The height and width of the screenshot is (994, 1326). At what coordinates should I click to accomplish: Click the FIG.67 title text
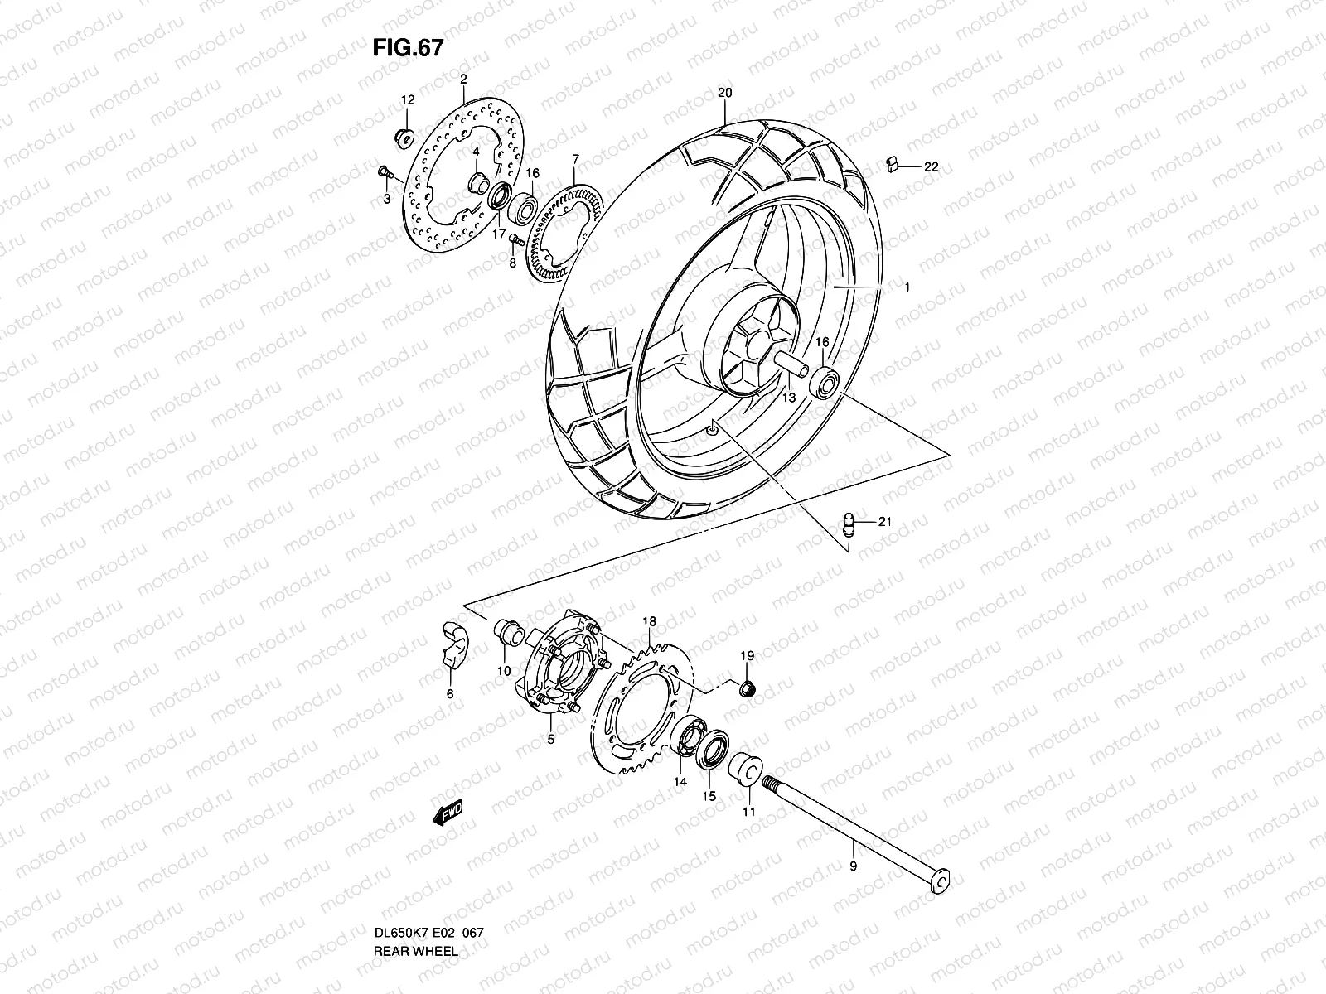[407, 48]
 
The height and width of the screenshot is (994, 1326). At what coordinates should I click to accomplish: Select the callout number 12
[407, 99]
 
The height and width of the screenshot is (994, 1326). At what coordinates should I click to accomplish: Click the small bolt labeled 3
[385, 172]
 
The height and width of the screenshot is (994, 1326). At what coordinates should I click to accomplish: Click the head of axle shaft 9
[938, 883]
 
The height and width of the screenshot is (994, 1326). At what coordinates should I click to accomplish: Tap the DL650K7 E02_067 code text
[428, 955]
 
